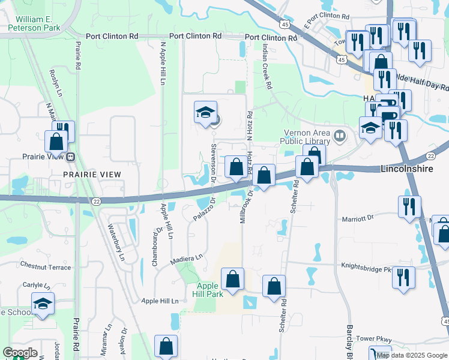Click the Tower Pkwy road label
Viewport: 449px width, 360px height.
[373, 339]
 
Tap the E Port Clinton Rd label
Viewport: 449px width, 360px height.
[328, 16]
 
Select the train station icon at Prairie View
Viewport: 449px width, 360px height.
[71, 158]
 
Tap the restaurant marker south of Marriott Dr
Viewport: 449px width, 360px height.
[409, 206]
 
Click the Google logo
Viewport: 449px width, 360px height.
[20, 353]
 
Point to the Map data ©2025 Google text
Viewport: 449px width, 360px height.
[412, 355]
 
